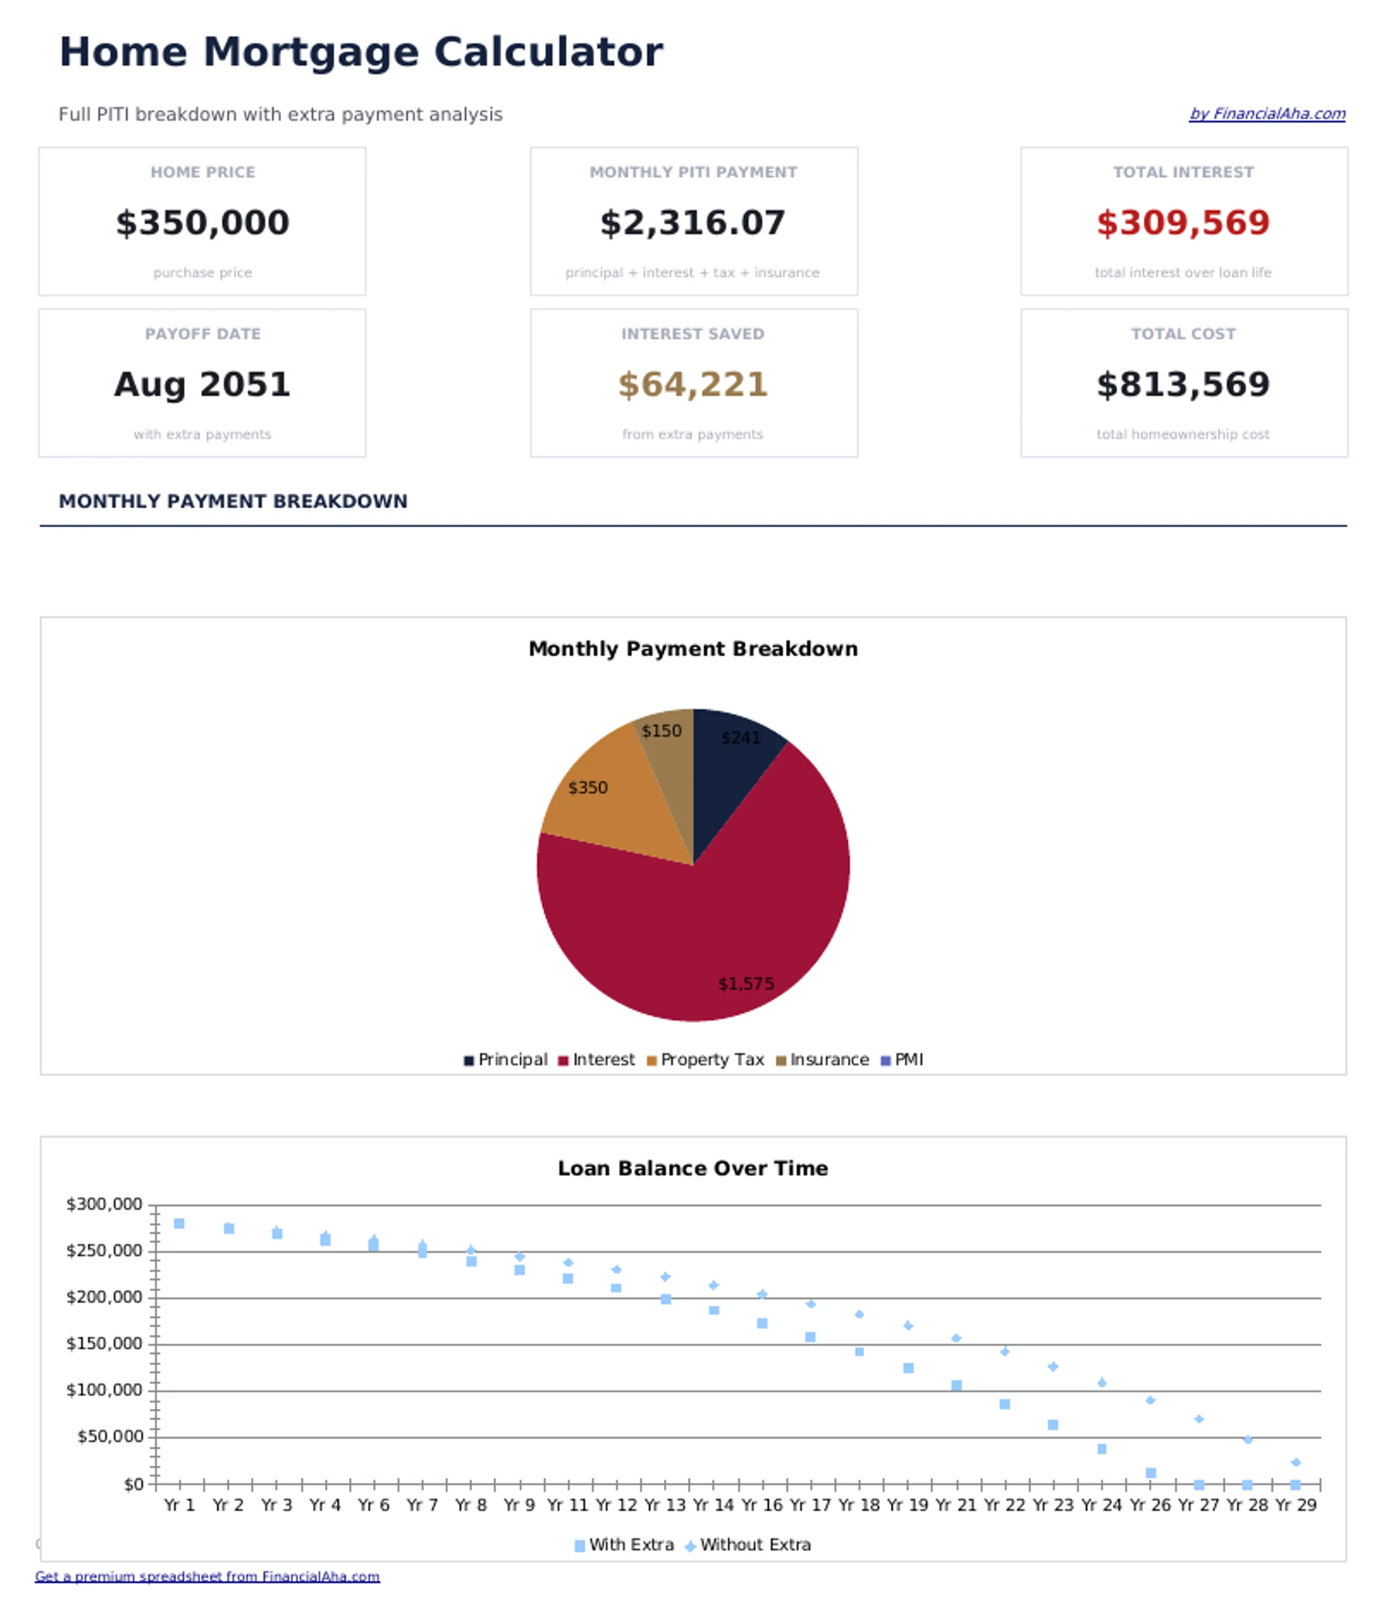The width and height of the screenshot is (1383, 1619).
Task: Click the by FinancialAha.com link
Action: click(x=1267, y=114)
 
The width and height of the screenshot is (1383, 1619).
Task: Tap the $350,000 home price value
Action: click(x=202, y=222)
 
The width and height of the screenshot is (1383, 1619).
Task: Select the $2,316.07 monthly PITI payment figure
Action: click(x=692, y=222)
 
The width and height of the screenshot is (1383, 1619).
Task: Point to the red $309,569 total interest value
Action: click(x=1183, y=222)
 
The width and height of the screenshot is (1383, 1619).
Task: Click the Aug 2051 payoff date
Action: click(x=202, y=384)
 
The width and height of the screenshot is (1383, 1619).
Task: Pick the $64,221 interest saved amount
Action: click(x=692, y=384)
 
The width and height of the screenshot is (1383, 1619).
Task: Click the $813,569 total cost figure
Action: click(x=1183, y=384)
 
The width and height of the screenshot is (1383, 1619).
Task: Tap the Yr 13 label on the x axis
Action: click(x=664, y=1504)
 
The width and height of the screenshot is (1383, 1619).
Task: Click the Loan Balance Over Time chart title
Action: click(x=692, y=1168)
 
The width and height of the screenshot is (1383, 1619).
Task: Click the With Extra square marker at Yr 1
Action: click(x=179, y=1224)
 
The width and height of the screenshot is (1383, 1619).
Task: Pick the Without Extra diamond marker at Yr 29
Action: click(x=1295, y=1462)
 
